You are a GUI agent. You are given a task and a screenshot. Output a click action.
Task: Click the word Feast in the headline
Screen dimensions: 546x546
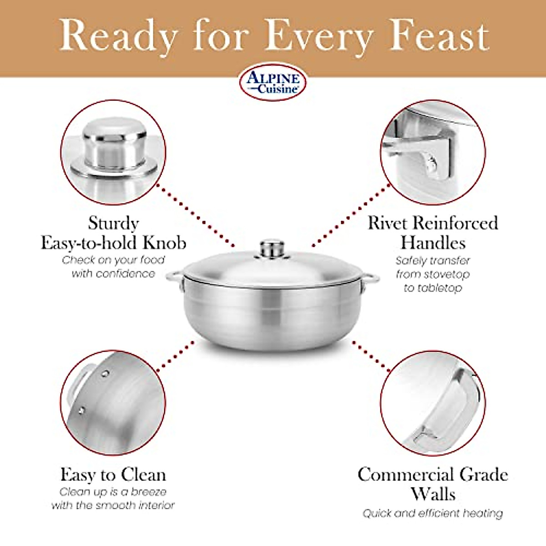[440, 36]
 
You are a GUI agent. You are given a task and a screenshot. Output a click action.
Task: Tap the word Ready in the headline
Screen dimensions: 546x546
[119, 36]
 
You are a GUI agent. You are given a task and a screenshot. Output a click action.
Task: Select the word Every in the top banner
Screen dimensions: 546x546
[318, 36]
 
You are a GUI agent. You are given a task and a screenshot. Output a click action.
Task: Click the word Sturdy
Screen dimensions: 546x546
[113, 223]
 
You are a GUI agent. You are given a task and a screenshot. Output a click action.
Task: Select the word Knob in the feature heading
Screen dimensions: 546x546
[164, 243]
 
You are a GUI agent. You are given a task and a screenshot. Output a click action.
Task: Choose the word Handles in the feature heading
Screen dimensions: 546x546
[433, 243]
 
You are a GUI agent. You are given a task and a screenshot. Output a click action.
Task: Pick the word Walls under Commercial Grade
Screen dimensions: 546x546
[433, 494]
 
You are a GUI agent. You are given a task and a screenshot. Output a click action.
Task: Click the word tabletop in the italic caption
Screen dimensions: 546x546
[433, 288]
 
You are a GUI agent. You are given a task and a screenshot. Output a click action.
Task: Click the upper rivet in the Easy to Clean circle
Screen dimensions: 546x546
[105, 374]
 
